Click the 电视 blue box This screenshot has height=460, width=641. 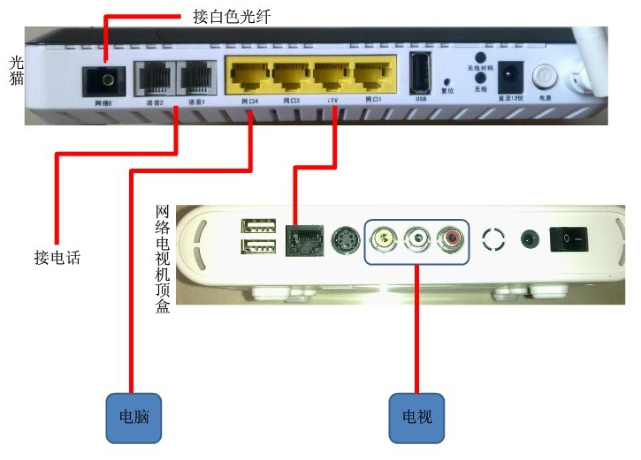[416, 416]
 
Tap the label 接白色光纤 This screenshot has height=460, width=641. [233, 16]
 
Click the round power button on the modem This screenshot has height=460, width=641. [545, 75]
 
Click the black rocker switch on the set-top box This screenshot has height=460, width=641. [569, 238]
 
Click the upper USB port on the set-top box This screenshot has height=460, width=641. [257, 226]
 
